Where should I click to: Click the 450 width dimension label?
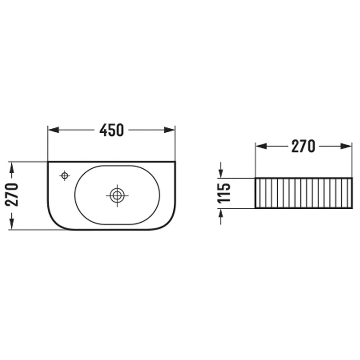click(112, 130)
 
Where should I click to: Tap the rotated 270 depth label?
click(12, 195)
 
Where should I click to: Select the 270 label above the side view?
click(303, 146)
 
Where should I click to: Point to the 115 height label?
click(224, 193)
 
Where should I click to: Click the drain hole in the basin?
click(117, 196)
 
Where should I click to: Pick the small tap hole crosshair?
click(64, 176)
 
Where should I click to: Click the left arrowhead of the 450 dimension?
click(54, 130)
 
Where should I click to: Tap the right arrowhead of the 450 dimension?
click(170, 130)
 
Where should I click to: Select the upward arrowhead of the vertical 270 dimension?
click(12, 168)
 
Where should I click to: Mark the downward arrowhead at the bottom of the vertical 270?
click(12, 224)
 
